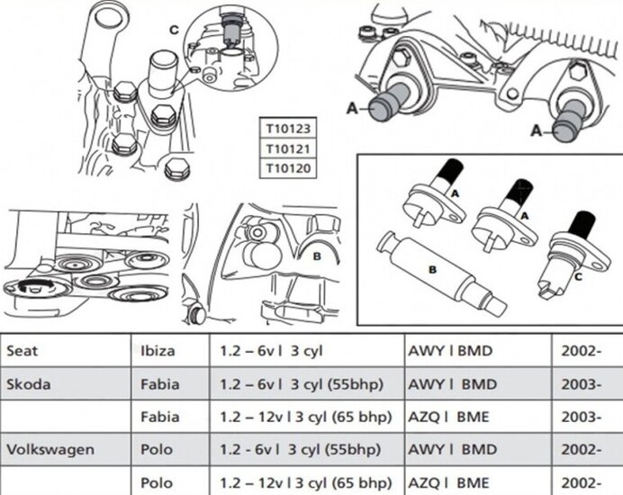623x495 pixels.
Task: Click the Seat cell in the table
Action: [23, 351]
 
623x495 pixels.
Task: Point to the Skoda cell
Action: [29, 384]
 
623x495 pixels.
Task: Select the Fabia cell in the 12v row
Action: [160, 418]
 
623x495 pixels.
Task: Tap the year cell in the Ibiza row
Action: [582, 351]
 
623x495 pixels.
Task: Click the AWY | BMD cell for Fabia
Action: [453, 384]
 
